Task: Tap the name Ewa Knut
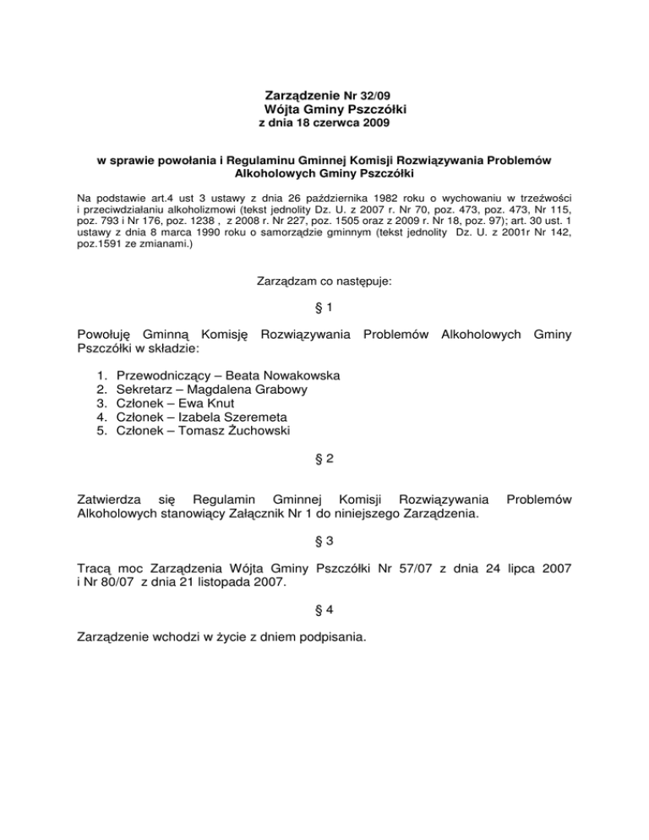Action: coord(212,403)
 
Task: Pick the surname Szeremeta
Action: coord(254,417)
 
